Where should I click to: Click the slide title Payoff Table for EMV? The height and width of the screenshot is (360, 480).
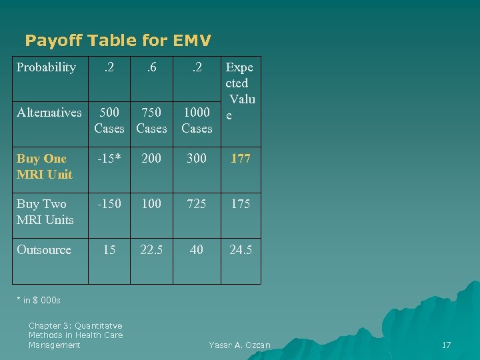pos(118,41)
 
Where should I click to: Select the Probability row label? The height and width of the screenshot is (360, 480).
pos(46,67)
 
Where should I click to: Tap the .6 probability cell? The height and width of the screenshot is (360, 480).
pos(151,67)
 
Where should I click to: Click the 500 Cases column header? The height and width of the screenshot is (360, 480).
pos(109,120)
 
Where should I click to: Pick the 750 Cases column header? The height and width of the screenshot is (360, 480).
pos(151,120)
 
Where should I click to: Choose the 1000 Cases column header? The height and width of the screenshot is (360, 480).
pos(197,120)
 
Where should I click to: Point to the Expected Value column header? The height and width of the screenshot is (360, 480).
pos(240,91)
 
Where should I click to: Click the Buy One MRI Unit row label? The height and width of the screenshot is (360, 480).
pos(44,167)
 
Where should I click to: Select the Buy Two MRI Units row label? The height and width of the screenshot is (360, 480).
pos(45,211)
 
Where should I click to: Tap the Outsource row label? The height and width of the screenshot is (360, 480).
pos(44,250)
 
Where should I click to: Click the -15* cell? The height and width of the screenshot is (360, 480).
pos(109,159)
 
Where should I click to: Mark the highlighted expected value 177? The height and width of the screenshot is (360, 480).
pos(241,159)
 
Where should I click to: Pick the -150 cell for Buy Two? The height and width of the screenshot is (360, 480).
pos(109,203)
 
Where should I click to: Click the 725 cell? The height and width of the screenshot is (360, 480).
pos(197,203)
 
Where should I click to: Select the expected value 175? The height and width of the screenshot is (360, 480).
pos(241,203)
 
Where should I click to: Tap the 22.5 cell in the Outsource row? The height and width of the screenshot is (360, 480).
pos(151,250)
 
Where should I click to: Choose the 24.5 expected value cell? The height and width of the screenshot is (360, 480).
pos(241,250)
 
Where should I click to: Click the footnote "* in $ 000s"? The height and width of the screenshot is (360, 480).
pos(39,300)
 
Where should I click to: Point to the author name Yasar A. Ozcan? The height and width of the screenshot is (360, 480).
pos(240,345)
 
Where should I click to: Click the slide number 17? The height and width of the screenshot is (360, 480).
pos(447,345)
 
